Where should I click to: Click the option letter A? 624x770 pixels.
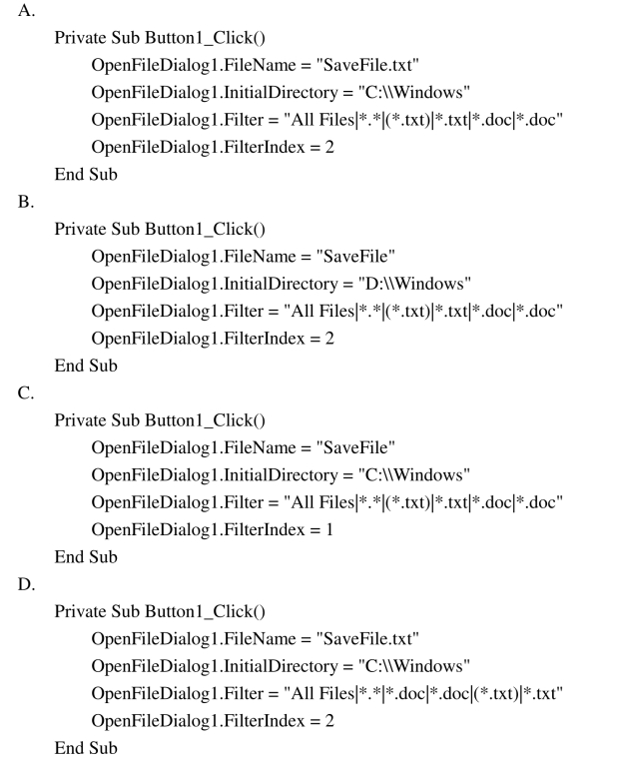[26, 10]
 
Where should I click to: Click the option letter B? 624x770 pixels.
[26, 202]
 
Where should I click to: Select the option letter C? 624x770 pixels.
[26, 392]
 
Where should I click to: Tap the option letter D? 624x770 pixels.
[27, 584]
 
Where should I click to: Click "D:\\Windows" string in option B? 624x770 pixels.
[414, 284]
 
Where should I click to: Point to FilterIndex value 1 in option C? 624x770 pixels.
[328, 529]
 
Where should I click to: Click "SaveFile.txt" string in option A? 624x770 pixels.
[367, 65]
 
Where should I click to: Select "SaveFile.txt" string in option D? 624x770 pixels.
[367, 638]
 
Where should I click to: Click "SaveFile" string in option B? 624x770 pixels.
[355, 256]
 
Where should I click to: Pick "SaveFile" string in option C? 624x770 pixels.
[355, 447]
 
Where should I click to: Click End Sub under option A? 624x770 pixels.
[86, 174]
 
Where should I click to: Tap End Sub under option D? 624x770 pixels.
[86, 748]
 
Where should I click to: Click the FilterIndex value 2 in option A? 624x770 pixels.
[329, 147]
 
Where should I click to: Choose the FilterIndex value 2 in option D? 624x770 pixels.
[329, 720]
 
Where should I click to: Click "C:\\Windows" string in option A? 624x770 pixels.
[414, 92]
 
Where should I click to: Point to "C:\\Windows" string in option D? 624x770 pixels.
[414, 666]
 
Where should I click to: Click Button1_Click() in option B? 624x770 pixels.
[206, 230]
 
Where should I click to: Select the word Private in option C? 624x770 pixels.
[80, 420]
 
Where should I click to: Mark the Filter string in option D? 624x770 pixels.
[423, 693]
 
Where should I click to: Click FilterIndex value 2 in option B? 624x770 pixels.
[329, 338]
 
